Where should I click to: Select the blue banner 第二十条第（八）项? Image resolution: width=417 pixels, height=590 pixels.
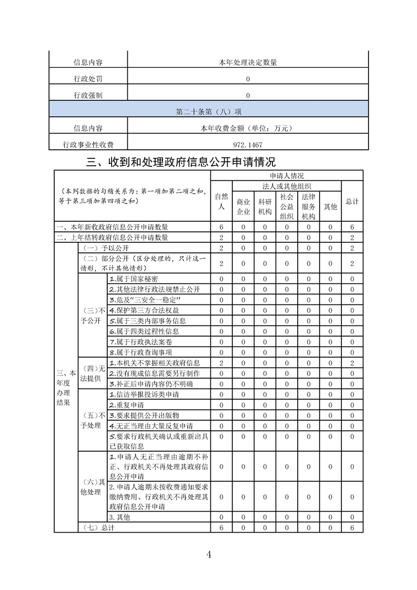coord(209,111)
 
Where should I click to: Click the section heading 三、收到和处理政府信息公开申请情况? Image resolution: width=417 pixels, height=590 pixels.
coord(181,161)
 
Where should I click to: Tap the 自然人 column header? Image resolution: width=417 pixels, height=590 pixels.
coord(221,201)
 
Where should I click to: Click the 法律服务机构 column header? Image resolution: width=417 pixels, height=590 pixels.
coord(309,206)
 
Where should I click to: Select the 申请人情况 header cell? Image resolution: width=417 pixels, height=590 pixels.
coord(287,176)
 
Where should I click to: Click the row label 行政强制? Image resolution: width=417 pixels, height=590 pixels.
coord(88,95)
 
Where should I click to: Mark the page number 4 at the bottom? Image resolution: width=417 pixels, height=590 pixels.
coord(209,554)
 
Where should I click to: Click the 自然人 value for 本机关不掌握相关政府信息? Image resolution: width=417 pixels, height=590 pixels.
coord(221,363)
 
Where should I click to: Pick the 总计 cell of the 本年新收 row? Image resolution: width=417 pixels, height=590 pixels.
coord(352,227)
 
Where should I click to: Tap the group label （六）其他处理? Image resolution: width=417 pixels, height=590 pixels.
coord(92,487)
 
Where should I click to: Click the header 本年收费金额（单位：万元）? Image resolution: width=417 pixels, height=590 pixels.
coord(247,128)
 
